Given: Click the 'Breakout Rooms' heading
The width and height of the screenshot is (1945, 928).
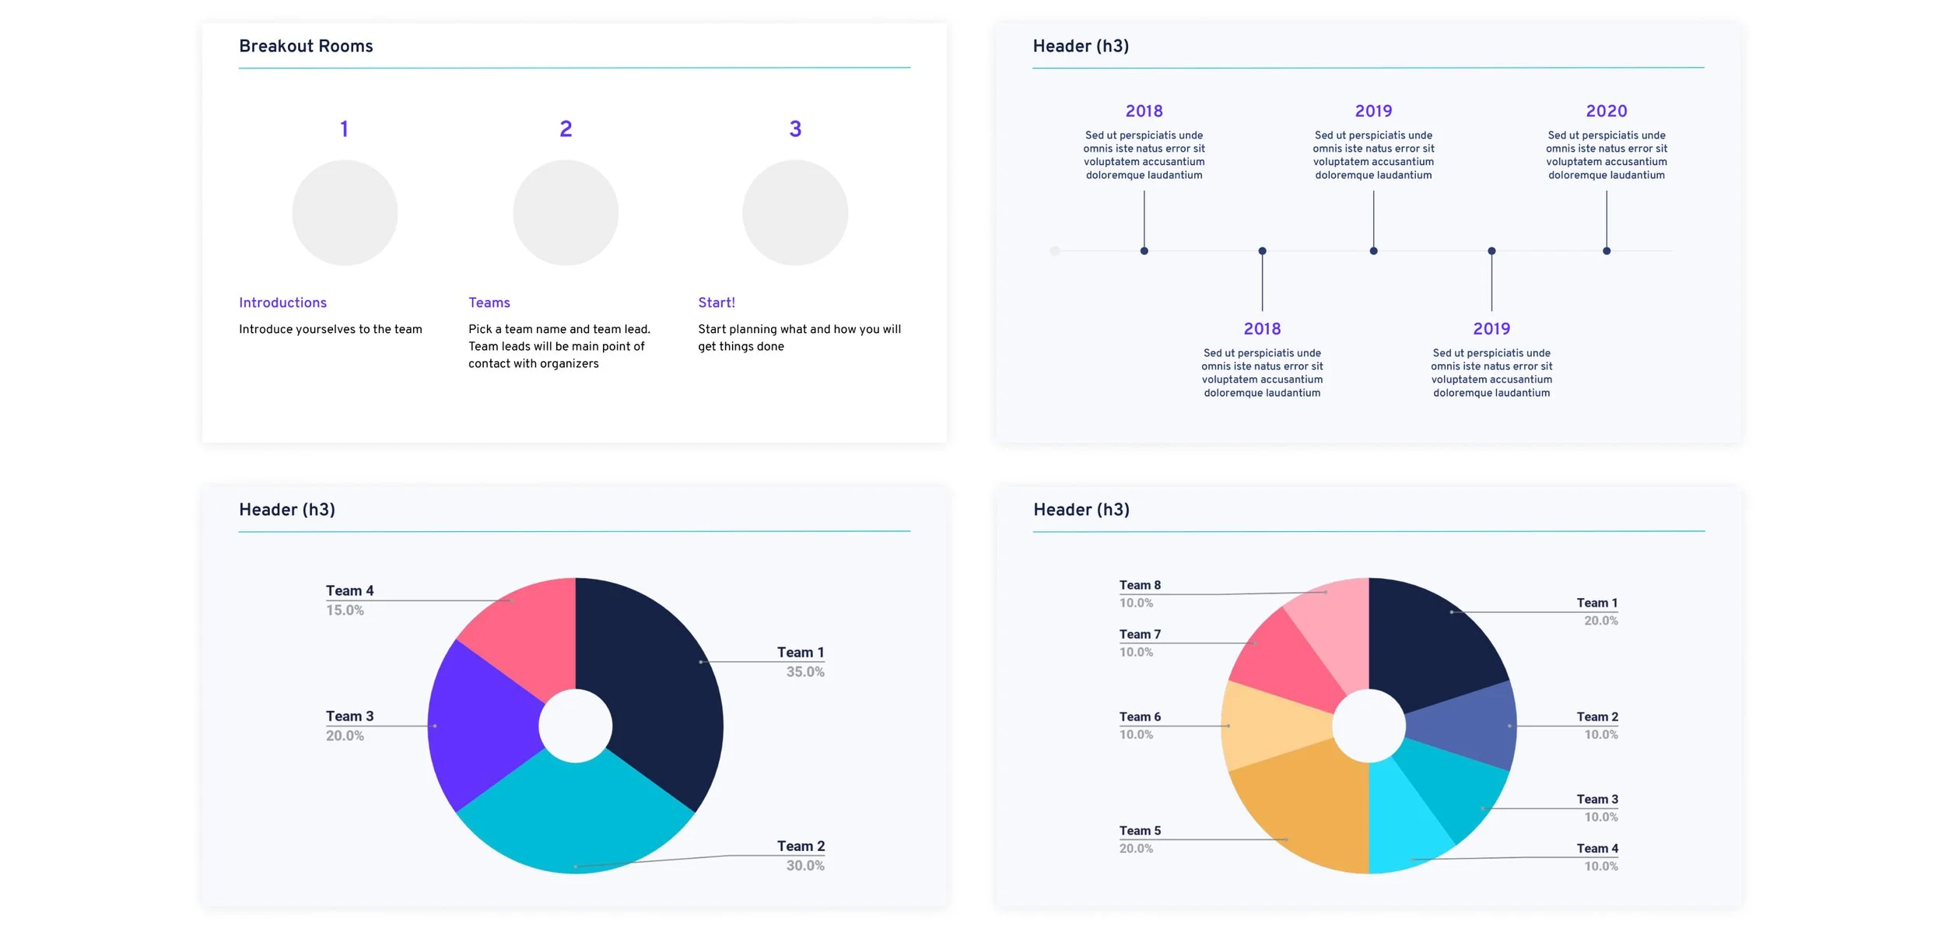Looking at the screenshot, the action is [306, 46].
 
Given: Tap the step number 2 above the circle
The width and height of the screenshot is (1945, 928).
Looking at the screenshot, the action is [566, 128].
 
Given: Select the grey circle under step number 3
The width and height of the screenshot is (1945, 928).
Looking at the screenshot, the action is [795, 212].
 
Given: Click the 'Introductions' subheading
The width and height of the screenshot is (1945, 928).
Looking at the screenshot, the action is [282, 303].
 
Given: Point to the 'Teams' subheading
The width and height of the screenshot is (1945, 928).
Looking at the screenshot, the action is [489, 303].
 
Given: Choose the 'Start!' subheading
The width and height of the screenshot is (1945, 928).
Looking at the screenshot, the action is [717, 303].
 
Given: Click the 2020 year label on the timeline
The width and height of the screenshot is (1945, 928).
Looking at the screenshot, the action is [1607, 111].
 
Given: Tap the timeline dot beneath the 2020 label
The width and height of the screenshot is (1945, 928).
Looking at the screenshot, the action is [1607, 250].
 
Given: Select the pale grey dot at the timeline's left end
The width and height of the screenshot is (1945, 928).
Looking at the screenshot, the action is [1055, 250].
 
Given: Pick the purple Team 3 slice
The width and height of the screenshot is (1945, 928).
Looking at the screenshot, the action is [482, 723].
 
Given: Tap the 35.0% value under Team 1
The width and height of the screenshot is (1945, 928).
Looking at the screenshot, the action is [805, 672].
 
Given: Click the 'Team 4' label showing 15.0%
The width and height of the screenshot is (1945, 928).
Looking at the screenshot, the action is [349, 591].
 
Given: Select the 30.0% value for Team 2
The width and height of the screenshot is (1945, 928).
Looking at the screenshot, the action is [805, 866].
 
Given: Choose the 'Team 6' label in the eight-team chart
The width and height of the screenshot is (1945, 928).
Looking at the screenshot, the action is [1140, 717].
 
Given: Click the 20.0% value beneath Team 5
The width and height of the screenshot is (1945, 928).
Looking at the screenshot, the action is [1136, 849].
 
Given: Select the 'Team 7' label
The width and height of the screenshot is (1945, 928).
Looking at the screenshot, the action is [1140, 635].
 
